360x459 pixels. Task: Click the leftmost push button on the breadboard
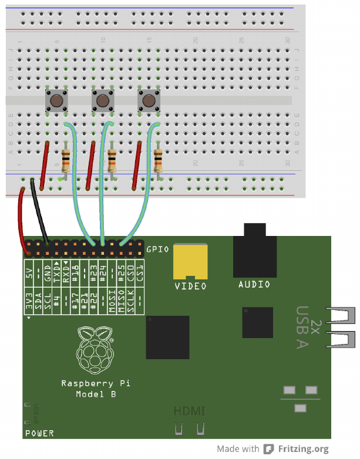[57, 101]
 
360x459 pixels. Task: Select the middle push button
[102, 101]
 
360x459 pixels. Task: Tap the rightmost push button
[149, 101]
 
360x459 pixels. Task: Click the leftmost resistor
[66, 160]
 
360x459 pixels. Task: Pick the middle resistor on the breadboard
[112, 160]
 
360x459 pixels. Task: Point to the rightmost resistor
[158, 160]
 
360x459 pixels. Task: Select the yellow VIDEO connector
[190, 262]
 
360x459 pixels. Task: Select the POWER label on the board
[39, 434]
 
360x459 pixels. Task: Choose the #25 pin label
[122, 272]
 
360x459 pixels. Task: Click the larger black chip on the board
[167, 337]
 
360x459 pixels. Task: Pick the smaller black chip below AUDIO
[257, 322]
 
